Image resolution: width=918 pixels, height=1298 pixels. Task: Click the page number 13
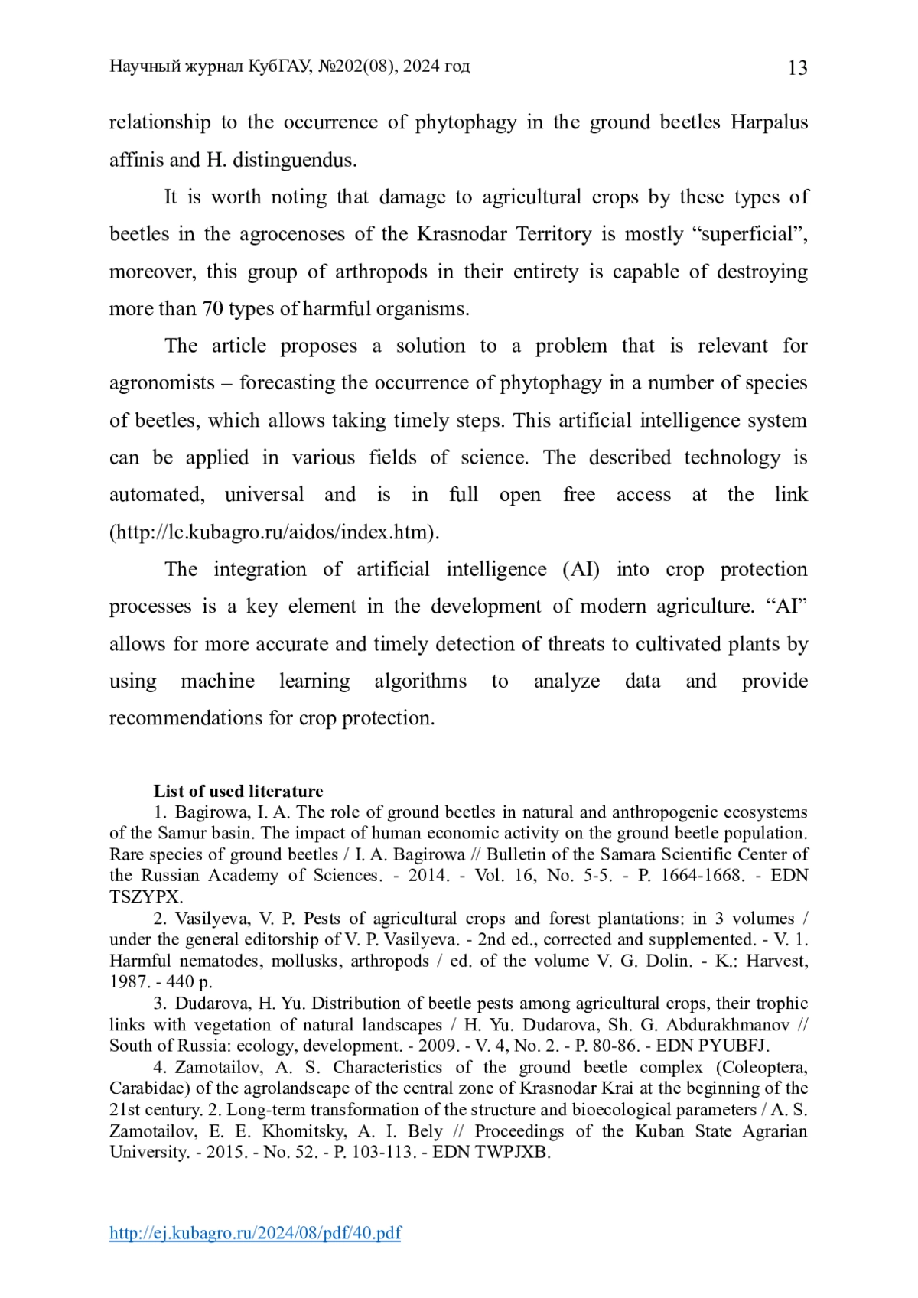coord(797,69)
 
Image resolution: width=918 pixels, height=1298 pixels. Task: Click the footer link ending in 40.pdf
coord(255,1232)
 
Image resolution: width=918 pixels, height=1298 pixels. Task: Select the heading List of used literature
coord(238,791)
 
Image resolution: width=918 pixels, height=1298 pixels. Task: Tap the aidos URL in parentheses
coord(274,532)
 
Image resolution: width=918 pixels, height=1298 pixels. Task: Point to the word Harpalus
coord(769,122)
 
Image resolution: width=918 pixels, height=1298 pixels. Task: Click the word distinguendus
coord(294,160)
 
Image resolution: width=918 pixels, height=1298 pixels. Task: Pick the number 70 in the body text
coord(212,309)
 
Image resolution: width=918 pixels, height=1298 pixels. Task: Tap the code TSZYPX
coord(145,896)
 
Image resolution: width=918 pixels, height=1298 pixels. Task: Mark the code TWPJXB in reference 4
coord(512,1152)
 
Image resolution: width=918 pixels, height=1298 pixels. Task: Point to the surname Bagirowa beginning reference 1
coord(207,812)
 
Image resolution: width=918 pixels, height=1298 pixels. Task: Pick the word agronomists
coord(161,383)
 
